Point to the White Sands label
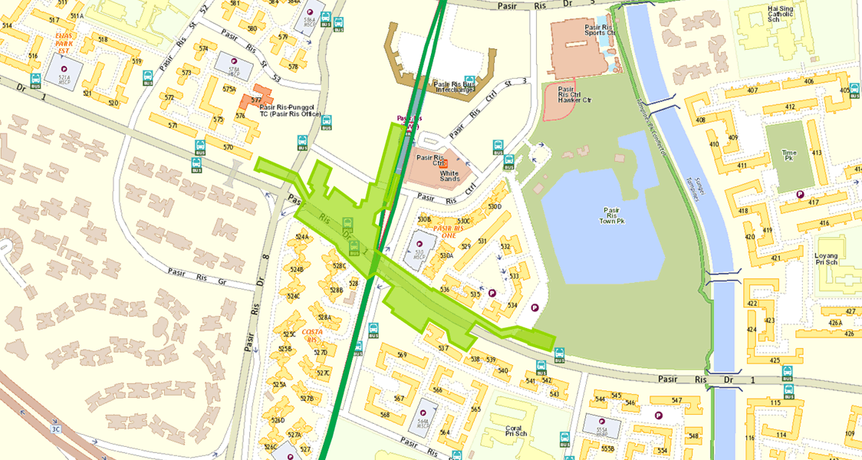pos(449,174)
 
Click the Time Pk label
pos(789,157)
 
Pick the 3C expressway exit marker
pos(55,429)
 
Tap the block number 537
pos(443,348)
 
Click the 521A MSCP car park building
pos(59,74)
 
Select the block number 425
pos(775,360)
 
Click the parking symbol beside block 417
pos(800,195)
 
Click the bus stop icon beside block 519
pos(147,77)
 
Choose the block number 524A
pos(301,237)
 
